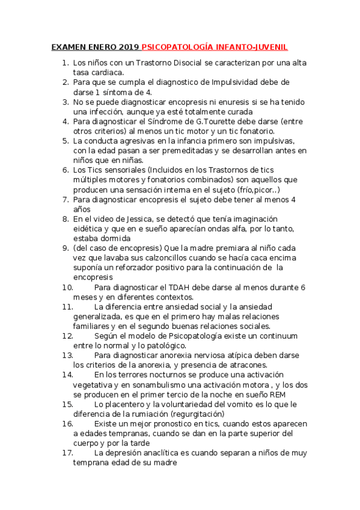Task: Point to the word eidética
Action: pos(90,229)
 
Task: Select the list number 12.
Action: pos(67,336)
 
